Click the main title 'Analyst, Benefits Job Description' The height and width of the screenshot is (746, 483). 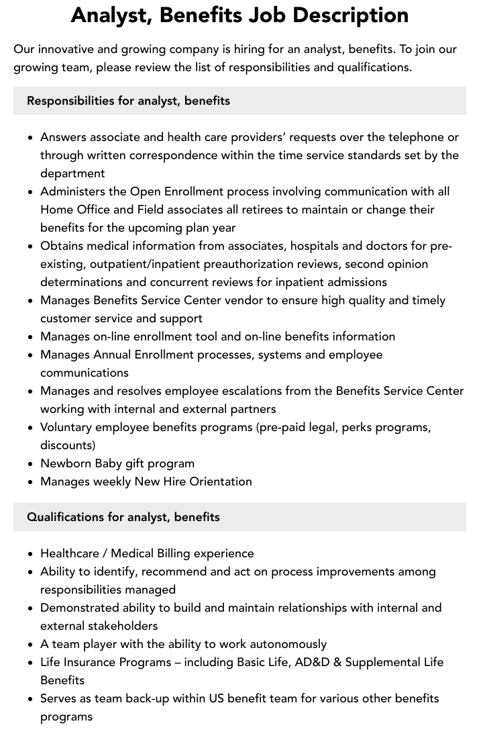(x=239, y=15)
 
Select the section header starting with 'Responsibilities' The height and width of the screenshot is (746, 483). (x=128, y=101)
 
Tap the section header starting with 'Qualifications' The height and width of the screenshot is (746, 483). (x=123, y=517)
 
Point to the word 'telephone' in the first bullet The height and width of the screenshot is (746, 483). (x=416, y=137)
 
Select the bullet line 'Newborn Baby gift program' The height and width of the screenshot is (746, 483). (x=117, y=463)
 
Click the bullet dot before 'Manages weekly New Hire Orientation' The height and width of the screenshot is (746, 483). (x=30, y=482)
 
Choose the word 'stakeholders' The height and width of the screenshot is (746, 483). (x=119, y=626)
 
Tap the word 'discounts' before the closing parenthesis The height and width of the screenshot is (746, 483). (x=66, y=445)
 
